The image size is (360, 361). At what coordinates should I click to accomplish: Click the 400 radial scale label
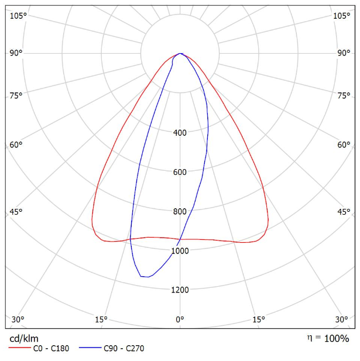tap(180, 133)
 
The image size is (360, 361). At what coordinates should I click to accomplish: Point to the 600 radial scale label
tap(180, 172)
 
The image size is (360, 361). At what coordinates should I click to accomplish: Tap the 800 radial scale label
tap(180, 211)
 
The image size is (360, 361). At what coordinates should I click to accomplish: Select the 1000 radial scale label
tap(180, 250)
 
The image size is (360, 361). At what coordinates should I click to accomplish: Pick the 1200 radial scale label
tap(180, 290)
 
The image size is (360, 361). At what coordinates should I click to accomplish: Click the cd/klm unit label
tap(24, 338)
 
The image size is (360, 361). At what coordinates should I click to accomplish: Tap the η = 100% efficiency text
tap(328, 338)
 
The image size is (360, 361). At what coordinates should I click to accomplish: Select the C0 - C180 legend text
tap(52, 349)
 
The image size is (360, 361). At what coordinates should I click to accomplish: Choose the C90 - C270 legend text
tap(124, 349)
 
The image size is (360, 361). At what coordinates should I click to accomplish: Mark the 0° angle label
tap(180, 319)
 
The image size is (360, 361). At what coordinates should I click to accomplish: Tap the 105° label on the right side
tap(342, 16)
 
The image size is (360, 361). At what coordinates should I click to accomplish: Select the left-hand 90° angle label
tap(16, 53)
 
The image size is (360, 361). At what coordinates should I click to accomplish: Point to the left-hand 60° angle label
tap(16, 145)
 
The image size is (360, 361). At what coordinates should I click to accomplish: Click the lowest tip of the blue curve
tap(145, 277)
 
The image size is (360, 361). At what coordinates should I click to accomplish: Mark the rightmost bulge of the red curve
tap(269, 222)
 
